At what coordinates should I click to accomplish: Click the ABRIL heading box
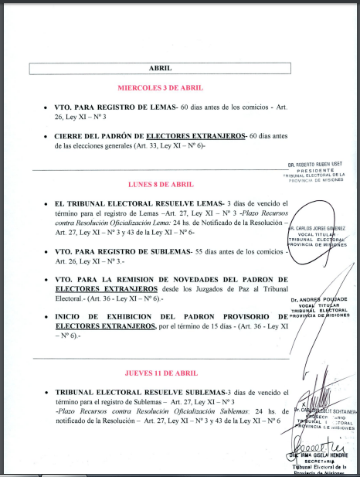(160, 68)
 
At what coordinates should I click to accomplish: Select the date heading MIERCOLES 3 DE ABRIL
(160, 87)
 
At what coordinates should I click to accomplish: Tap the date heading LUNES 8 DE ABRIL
(160, 184)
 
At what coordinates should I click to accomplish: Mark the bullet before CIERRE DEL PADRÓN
(47, 136)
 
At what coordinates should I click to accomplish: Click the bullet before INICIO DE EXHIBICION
(47, 318)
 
